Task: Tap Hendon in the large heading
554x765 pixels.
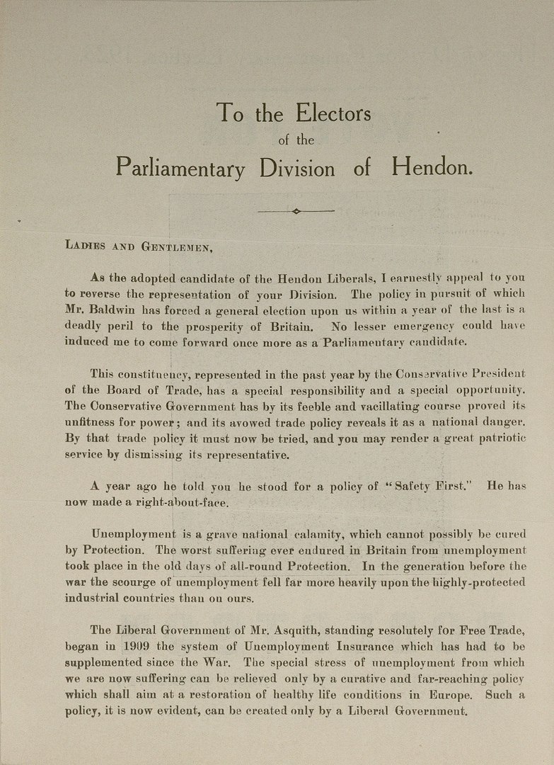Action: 431,169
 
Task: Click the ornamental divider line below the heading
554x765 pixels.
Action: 296,210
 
